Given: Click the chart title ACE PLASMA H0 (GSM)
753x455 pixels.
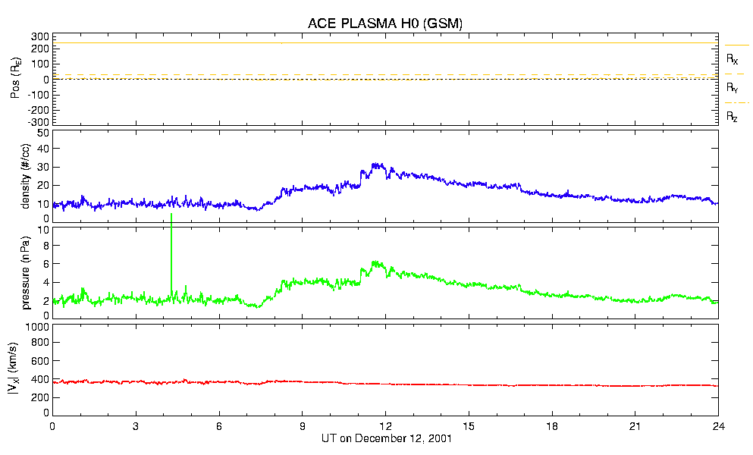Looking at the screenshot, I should tap(384, 24).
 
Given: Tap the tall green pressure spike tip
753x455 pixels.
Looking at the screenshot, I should tap(171, 215).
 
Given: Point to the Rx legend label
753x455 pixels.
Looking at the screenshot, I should tap(733, 58).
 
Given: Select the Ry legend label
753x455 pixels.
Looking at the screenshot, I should tap(733, 88).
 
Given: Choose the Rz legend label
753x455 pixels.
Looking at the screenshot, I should tap(733, 117).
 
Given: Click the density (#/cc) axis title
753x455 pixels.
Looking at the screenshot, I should tap(25, 177).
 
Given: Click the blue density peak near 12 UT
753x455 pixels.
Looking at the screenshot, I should tap(374, 165).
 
